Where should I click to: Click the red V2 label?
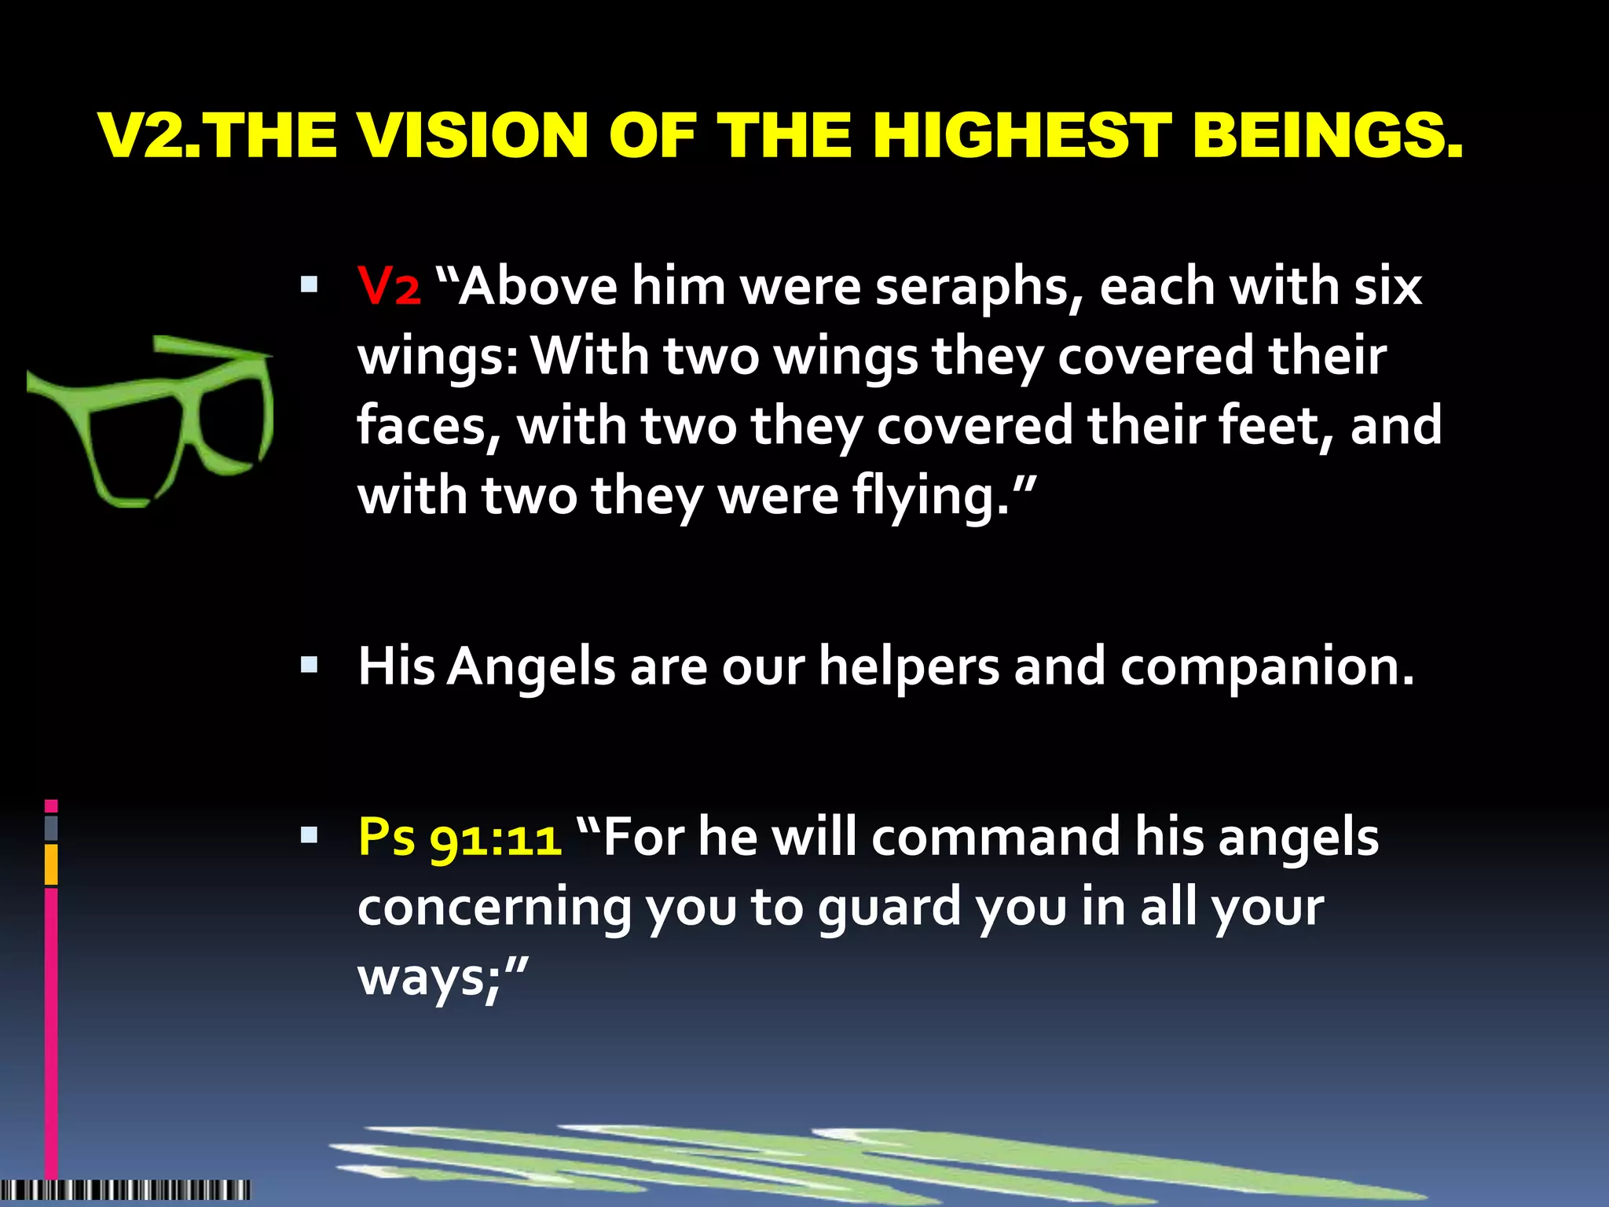tap(389, 286)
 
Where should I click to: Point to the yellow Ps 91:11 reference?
tap(460, 838)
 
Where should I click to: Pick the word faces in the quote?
tap(428, 427)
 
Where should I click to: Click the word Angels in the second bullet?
tap(531, 667)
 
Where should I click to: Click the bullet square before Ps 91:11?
tap(309, 835)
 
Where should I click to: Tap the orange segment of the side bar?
tap(51, 864)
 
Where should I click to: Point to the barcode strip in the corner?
tap(126, 1189)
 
